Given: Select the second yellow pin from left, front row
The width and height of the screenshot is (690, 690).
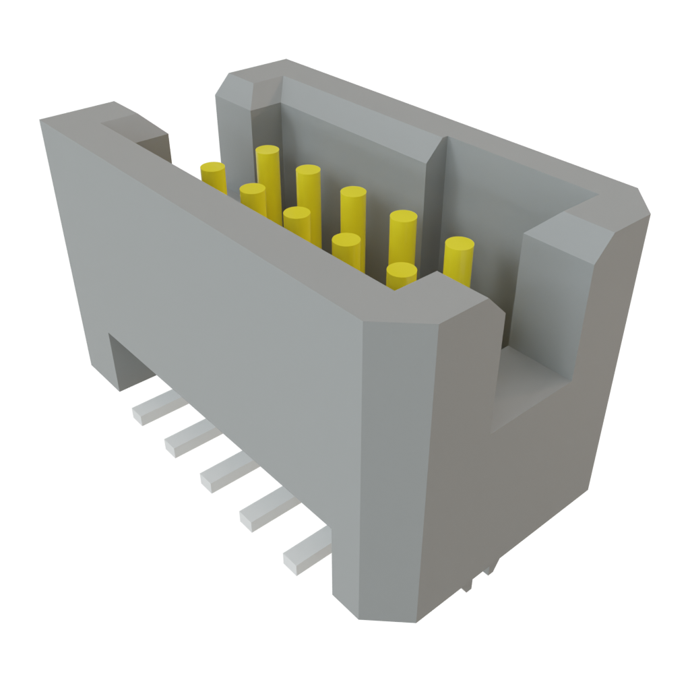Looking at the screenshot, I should pyautogui.click(x=253, y=197).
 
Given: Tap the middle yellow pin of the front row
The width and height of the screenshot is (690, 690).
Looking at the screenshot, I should pyautogui.click(x=296, y=221).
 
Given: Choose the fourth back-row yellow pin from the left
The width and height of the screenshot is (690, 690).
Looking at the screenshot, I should pyautogui.click(x=403, y=233).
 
